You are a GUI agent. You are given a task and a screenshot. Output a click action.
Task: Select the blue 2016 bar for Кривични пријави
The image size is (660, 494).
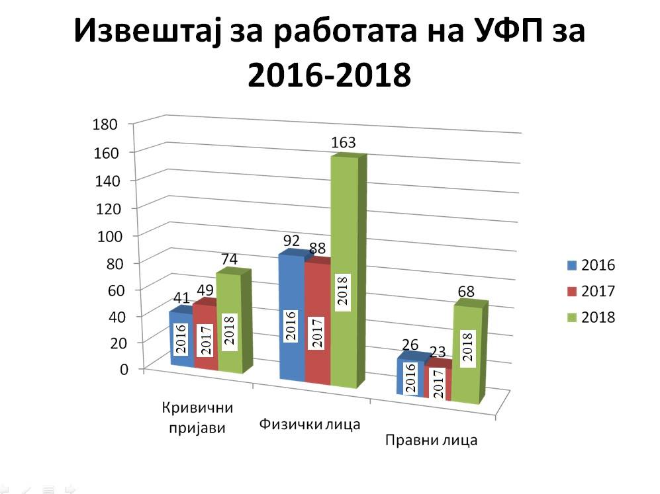pyautogui.click(x=182, y=337)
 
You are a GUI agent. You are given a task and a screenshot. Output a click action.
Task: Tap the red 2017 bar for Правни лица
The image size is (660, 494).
pyautogui.click(x=437, y=384)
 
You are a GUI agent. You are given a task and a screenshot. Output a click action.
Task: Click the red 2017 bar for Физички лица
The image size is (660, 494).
pyautogui.click(x=318, y=324)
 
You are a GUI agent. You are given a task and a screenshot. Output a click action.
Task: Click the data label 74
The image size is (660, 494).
pyautogui.click(x=230, y=259)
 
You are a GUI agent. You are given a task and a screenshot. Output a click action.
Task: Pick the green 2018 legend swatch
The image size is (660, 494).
pyautogui.click(x=571, y=317)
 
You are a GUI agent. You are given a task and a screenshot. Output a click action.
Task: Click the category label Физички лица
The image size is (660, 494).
pyautogui.click(x=310, y=423)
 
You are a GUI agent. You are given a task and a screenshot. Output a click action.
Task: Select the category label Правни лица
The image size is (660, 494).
pyautogui.click(x=431, y=440)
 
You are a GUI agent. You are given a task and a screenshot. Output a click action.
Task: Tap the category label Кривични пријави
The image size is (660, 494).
pyautogui.click(x=195, y=417)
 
